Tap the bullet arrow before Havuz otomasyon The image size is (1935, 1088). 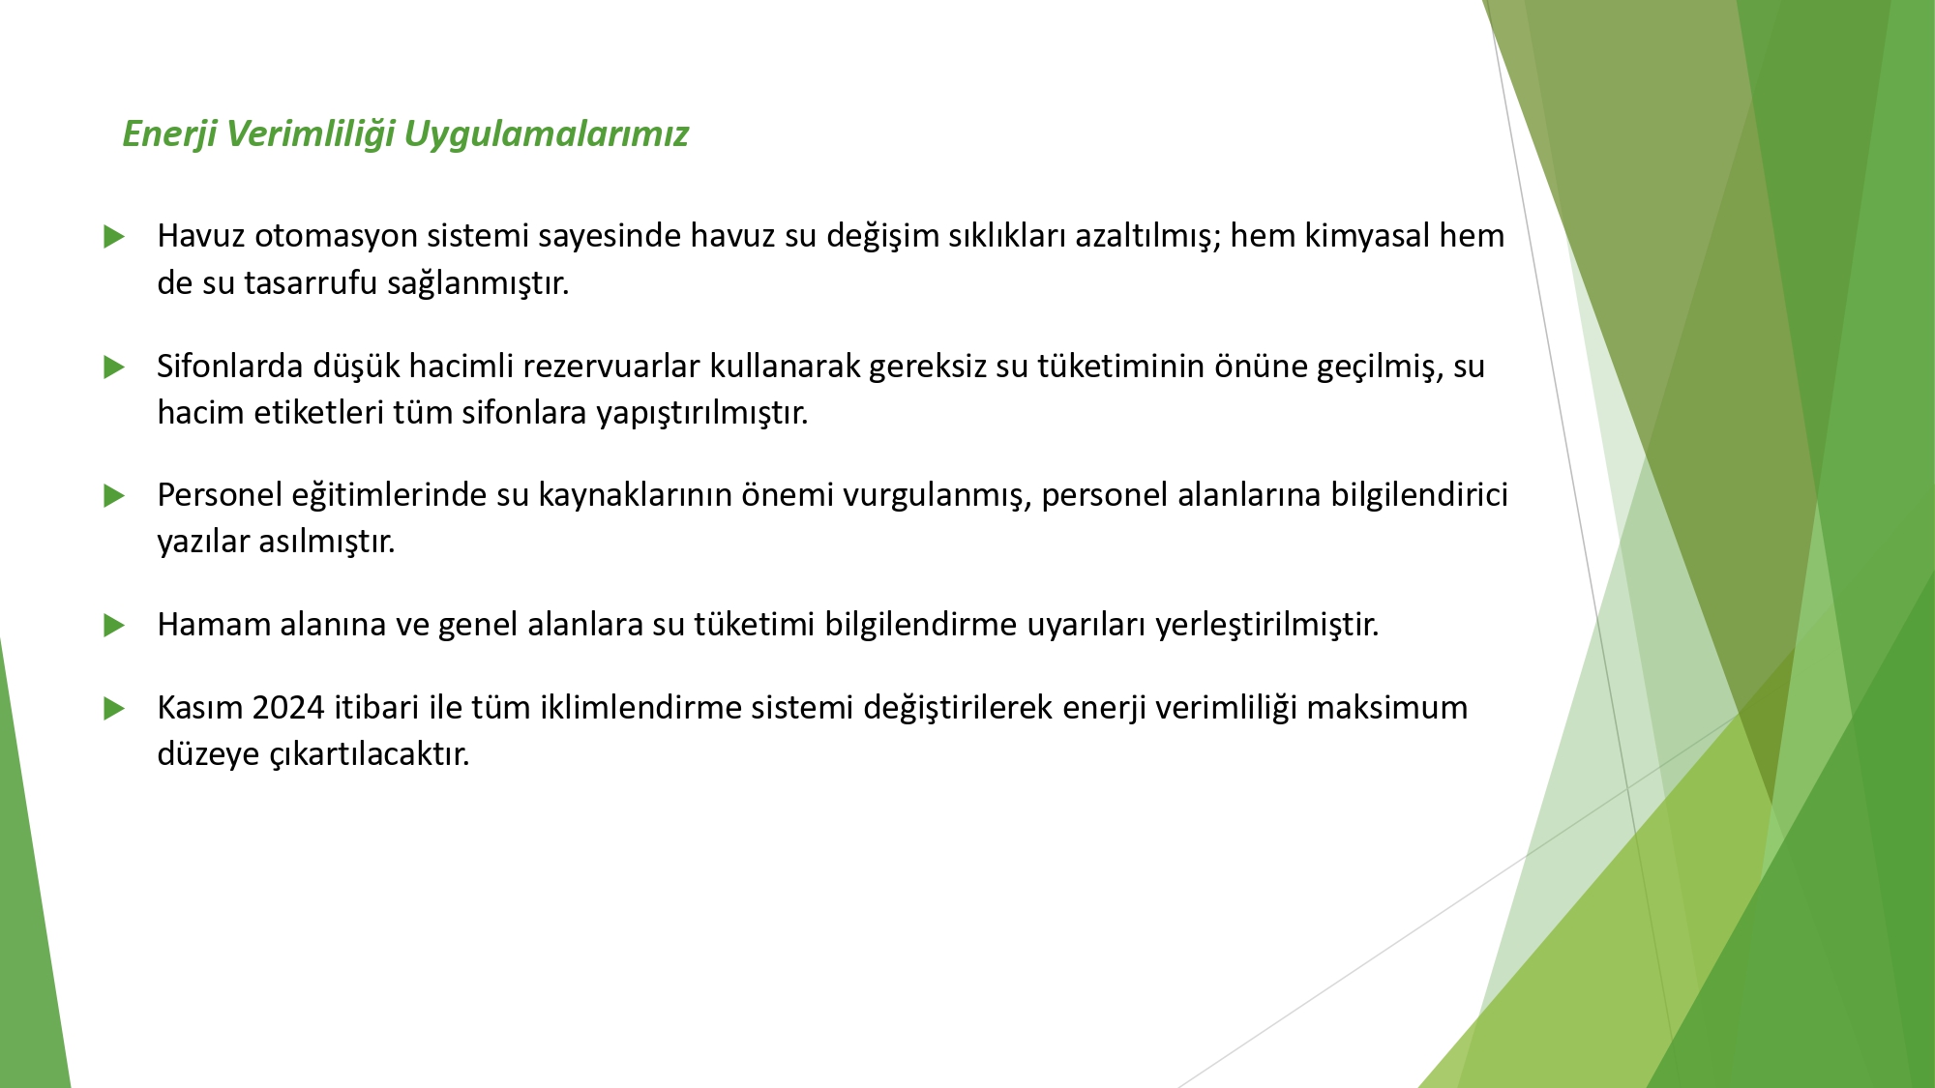(114, 236)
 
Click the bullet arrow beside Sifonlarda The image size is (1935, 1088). (114, 367)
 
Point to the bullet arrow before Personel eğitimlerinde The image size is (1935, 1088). (114, 496)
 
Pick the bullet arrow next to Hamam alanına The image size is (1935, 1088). (114, 625)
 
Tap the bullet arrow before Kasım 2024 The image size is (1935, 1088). (114, 708)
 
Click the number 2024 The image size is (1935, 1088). (288, 707)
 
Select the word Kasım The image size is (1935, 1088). (200, 707)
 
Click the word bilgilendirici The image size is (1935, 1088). (1419, 494)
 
